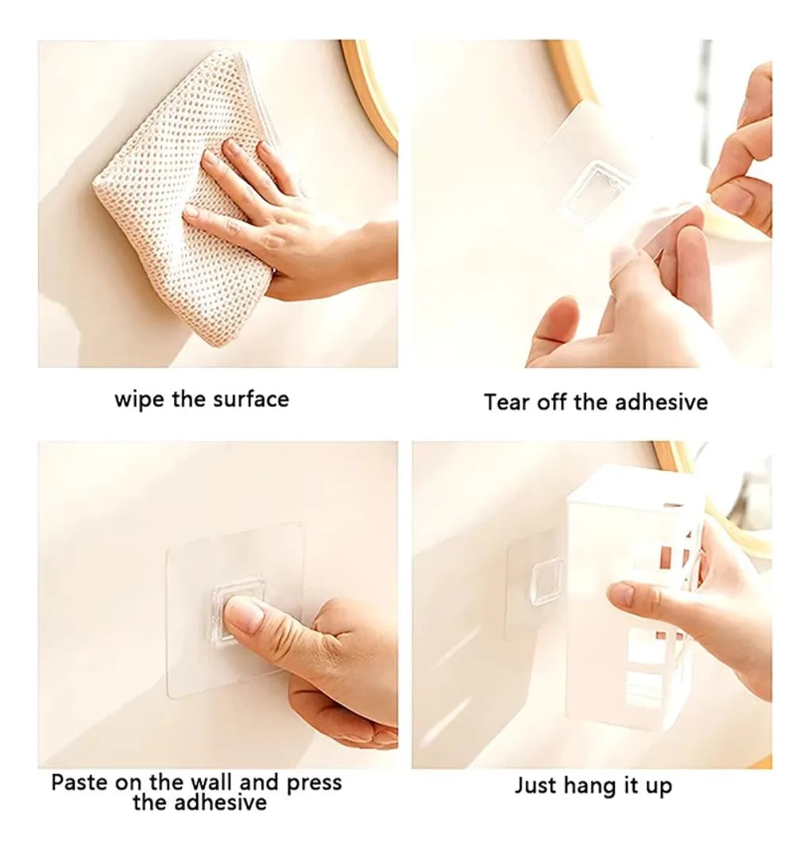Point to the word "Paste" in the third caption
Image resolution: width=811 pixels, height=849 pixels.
[x=79, y=782]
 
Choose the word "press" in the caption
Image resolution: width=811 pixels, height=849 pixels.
[x=314, y=784]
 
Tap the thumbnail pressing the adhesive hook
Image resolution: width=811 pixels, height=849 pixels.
[x=244, y=616]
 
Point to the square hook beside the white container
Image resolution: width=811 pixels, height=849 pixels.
[x=546, y=581]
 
